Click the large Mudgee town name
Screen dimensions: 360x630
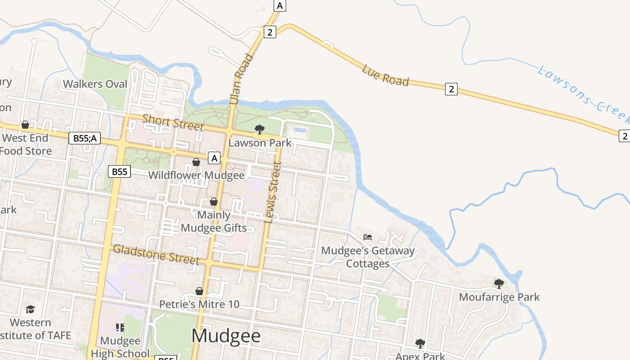tap(226, 336)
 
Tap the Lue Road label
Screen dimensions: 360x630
tap(385, 76)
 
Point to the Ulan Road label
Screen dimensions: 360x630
tap(241, 80)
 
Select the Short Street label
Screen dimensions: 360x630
tap(173, 122)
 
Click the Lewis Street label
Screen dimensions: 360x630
tap(273, 193)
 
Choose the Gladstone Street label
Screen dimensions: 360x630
tap(156, 254)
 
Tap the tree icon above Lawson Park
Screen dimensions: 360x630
tap(260, 130)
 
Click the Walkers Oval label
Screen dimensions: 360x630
tap(95, 84)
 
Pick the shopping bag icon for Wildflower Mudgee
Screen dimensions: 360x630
tap(196, 162)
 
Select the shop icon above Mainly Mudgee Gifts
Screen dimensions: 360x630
tap(214, 202)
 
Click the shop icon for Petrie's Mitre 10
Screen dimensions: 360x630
tap(199, 292)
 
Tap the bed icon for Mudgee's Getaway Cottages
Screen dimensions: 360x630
tap(368, 237)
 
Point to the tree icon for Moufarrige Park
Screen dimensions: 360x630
tap(499, 283)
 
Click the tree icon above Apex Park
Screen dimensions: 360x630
tap(420, 344)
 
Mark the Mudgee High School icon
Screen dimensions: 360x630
tap(120, 328)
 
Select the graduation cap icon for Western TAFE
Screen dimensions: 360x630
tap(30, 309)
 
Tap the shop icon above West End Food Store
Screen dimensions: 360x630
tap(25, 125)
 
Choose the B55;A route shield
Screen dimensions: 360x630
tap(84, 138)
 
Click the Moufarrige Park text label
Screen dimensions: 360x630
tap(499, 297)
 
